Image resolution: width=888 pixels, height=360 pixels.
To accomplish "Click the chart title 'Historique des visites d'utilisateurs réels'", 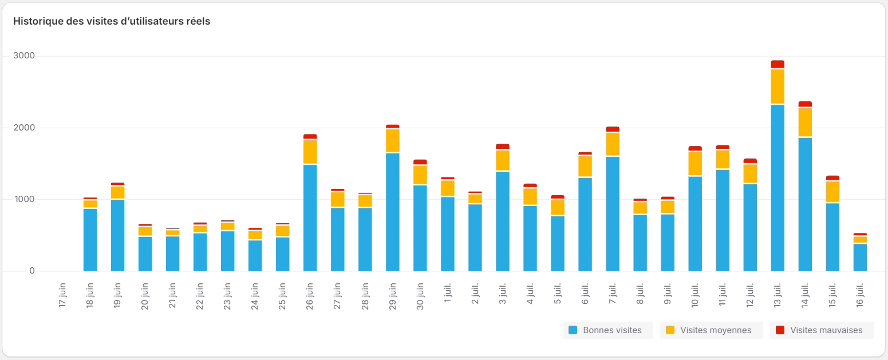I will click(112, 22).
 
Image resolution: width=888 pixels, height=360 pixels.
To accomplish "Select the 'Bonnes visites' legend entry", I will click(607, 330).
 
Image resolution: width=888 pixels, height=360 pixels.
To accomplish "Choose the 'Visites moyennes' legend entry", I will click(711, 330).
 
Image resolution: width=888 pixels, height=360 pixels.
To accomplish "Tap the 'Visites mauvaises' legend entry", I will click(821, 330).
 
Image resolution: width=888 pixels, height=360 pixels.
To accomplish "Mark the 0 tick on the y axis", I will click(32, 271).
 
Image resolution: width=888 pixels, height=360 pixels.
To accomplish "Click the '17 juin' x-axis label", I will click(63, 295).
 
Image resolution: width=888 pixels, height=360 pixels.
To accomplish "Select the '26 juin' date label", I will click(310, 295).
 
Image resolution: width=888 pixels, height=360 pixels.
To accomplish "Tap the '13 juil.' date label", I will click(778, 295).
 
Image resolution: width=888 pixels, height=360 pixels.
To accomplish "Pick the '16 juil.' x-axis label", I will click(860, 295).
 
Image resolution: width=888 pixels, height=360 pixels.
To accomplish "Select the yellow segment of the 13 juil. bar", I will click(778, 86).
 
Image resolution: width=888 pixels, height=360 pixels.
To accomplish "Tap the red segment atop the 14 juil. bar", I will click(805, 104).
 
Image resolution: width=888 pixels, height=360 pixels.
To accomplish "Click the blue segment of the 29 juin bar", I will click(393, 212).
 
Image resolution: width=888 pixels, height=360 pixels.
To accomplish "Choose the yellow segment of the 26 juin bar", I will click(310, 152).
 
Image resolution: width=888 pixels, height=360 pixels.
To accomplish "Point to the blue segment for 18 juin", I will click(90, 240).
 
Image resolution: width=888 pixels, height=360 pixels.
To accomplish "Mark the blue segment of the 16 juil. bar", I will click(860, 258).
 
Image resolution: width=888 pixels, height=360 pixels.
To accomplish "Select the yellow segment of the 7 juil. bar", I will click(613, 144).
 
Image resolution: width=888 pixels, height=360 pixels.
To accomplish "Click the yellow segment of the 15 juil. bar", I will click(832, 192).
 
